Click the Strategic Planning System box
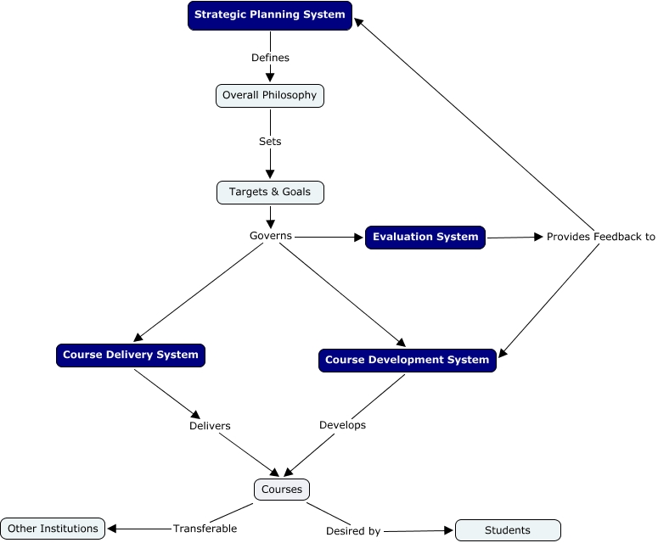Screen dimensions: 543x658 coord(270,15)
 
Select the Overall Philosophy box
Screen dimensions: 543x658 coord(270,96)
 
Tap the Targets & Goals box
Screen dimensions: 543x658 coord(270,193)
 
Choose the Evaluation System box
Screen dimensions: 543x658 coord(425,238)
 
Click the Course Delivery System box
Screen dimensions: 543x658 coord(131,355)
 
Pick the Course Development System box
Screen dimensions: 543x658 coord(408,361)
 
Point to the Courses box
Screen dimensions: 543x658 coord(282,490)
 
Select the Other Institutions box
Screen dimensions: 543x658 coord(53,529)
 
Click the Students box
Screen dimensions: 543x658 coord(508,530)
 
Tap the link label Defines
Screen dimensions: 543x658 coord(270,58)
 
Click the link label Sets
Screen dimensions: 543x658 coord(270,142)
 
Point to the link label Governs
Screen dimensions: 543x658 coord(271,236)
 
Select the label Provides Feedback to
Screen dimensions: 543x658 coord(600,237)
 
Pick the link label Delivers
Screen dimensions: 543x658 coord(210,426)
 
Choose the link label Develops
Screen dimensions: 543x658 coord(342,425)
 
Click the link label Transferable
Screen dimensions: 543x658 coord(205,529)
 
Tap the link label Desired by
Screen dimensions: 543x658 coord(353,531)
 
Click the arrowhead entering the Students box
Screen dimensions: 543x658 coord(449,530)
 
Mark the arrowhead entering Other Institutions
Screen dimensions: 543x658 coord(113,529)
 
